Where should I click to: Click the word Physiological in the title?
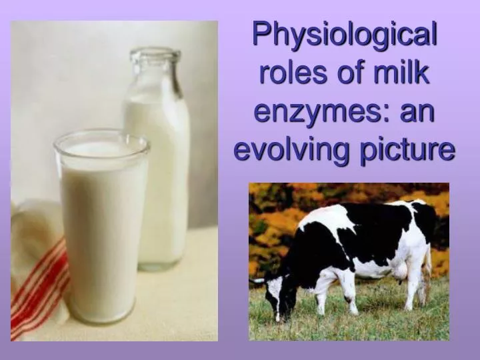point(344,34)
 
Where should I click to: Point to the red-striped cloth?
point(40,280)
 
